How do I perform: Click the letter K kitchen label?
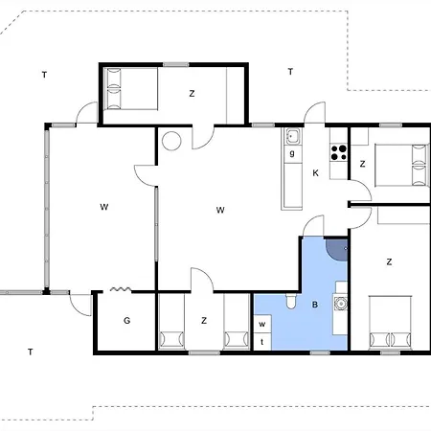(315, 173)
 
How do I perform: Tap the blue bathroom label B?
(315, 305)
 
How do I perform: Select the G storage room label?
(126, 320)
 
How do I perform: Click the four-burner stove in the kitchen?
(338, 152)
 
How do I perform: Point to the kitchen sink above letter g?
(293, 136)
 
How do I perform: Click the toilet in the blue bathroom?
(290, 301)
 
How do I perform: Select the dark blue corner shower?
(337, 250)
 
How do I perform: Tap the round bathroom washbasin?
(341, 303)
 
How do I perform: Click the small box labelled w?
(262, 324)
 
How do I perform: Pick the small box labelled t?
(262, 342)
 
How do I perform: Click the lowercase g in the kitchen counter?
(292, 153)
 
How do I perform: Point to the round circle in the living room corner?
(171, 141)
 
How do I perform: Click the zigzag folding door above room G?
(121, 289)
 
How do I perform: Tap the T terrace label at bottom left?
(31, 352)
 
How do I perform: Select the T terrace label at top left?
(44, 75)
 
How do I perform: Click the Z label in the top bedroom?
(192, 94)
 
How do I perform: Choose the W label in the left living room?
(104, 207)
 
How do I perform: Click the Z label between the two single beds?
(204, 320)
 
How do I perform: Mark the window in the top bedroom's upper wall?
(176, 65)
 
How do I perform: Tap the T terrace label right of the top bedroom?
(290, 72)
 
